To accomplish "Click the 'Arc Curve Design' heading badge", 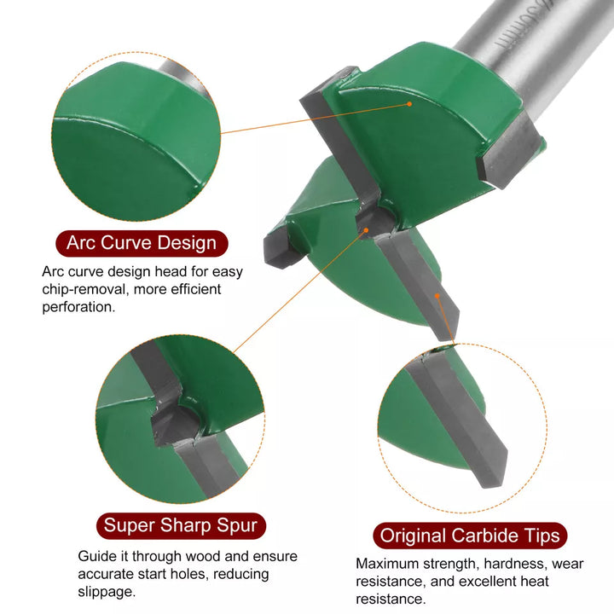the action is click(142, 243).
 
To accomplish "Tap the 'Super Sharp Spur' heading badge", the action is click(181, 525).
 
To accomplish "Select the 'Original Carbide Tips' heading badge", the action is click(470, 536).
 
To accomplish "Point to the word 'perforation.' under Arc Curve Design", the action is click(78, 307).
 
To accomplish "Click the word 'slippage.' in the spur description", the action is click(107, 592).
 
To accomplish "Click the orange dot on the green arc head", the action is click(409, 104).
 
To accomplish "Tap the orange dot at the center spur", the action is click(366, 230).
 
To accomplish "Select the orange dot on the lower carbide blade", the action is click(437, 296).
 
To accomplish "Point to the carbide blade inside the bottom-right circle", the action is click(458, 419).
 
